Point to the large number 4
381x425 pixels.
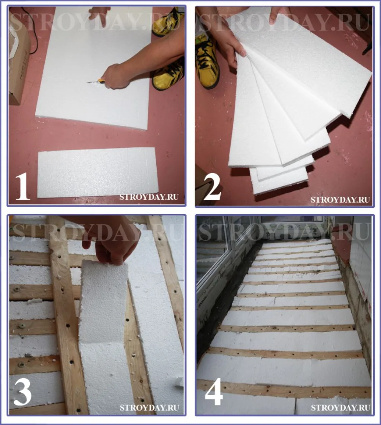tap(214, 393)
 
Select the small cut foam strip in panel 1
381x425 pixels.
tap(96, 173)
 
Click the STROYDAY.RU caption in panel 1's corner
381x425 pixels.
tap(149, 196)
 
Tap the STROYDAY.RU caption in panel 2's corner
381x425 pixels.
tap(340, 200)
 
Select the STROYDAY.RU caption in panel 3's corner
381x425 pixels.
tap(149, 408)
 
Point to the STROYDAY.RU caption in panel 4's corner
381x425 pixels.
tap(340, 408)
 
